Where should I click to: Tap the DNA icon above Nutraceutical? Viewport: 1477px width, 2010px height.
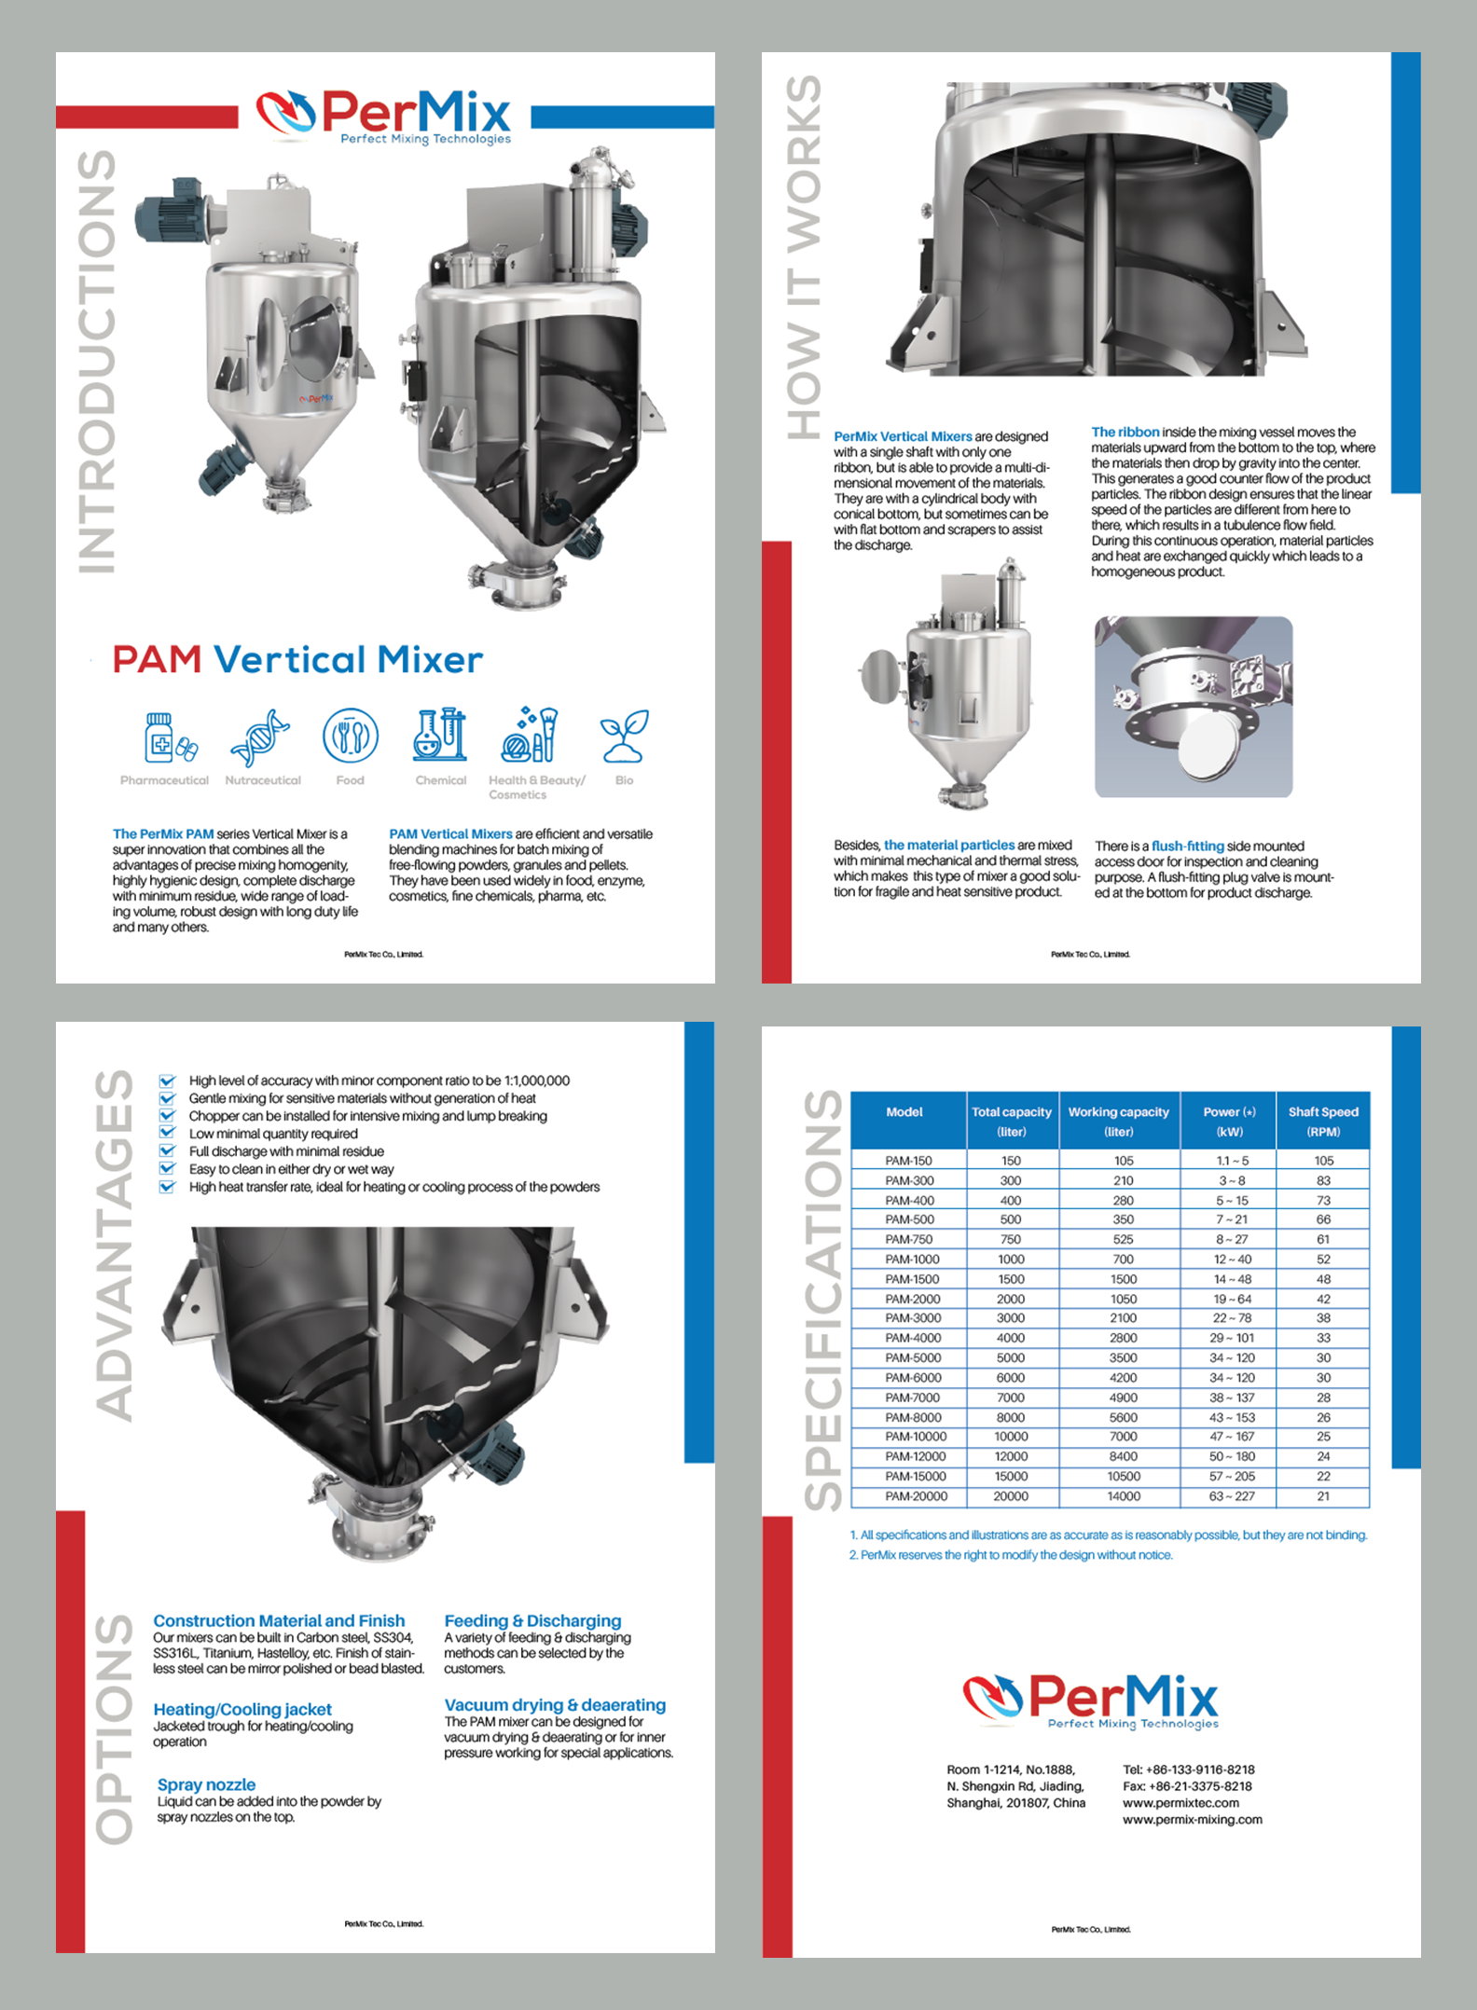pos(260,737)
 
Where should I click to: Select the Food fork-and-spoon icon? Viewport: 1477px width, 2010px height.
pos(350,736)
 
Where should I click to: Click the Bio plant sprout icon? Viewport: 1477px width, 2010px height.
pos(624,736)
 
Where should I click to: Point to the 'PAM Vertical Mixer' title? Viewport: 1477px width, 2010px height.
pos(297,660)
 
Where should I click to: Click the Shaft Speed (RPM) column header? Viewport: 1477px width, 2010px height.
pos(1322,1121)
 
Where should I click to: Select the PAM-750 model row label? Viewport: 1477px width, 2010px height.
pos(908,1239)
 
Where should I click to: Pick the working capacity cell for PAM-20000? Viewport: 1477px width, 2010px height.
pos(1123,1496)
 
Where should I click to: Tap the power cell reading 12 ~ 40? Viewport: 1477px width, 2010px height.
pos(1232,1259)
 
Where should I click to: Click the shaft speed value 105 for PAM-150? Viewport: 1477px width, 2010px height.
pos(1323,1161)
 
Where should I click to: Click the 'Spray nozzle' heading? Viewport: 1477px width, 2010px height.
pos(206,1784)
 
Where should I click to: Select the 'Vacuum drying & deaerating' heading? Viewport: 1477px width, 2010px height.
pos(555,1705)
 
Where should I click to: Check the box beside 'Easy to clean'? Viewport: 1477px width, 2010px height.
pos(167,1168)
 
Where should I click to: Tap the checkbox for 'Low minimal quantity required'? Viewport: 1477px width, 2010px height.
pos(167,1133)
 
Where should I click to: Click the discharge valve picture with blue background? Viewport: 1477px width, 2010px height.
pos(1193,706)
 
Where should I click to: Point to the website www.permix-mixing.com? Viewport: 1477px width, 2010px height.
pos(1192,1819)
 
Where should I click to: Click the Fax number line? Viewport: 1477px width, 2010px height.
pos(1187,1786)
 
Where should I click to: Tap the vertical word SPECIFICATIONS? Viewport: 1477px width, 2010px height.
pos(824,1300)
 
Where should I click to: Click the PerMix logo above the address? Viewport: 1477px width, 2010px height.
pos(1090,1700)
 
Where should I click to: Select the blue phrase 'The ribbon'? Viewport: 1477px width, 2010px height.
pos(1125,432)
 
